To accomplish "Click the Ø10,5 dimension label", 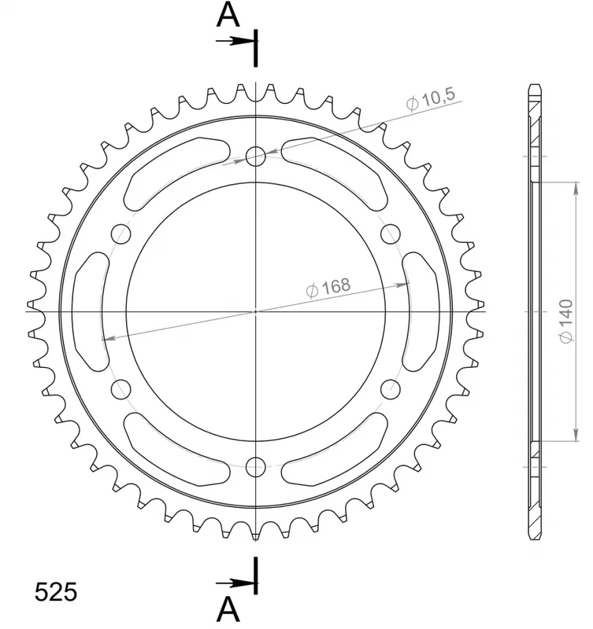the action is coord(431,99).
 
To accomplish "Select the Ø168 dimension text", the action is coord(328,288).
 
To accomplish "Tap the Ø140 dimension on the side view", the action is coord(566,321).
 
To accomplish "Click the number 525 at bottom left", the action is coord(56,592).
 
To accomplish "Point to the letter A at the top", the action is coord(228,15).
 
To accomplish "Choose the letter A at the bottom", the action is coord(228,609).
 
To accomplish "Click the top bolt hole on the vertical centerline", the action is coord(255,156).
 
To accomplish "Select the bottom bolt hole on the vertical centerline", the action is coord(255,466).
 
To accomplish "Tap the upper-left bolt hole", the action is coord(121,234).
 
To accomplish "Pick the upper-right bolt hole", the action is coord(391,234).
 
